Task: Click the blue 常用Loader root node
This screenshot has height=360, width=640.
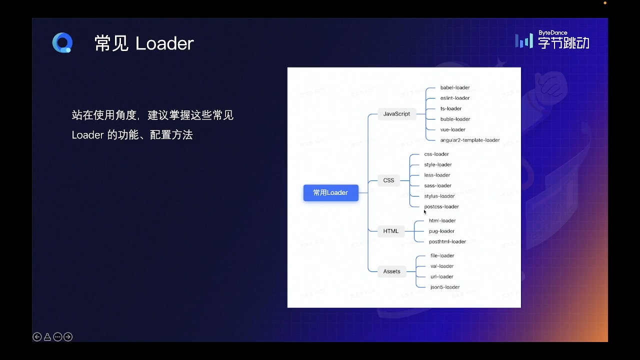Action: point(330,192)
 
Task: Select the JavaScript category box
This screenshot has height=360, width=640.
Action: point(396,114)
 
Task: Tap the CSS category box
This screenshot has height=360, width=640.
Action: point(388,180)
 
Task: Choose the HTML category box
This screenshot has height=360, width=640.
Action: point(391,231)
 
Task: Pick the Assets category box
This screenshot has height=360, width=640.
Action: point(391,271)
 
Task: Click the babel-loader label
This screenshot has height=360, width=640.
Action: point(455,87)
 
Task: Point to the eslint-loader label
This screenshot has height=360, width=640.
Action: point(455,98)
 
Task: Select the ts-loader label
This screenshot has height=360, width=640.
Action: point(451,108)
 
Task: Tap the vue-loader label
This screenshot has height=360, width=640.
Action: point(453,129)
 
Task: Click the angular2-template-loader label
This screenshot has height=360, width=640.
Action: point(470,140)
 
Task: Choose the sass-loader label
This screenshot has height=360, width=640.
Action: point(438,185)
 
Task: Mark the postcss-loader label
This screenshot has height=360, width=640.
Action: point(441,206)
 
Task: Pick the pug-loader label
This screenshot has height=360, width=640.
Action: point(442,231)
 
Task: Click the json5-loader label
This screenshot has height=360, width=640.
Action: point(445,287)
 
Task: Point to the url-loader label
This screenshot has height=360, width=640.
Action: point(442,276)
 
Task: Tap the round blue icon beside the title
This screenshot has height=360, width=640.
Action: point(62,43)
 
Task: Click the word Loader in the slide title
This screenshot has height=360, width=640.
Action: point(164,43)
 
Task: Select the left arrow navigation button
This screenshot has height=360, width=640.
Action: point(37,337)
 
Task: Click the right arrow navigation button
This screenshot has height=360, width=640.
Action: point(68,337)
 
